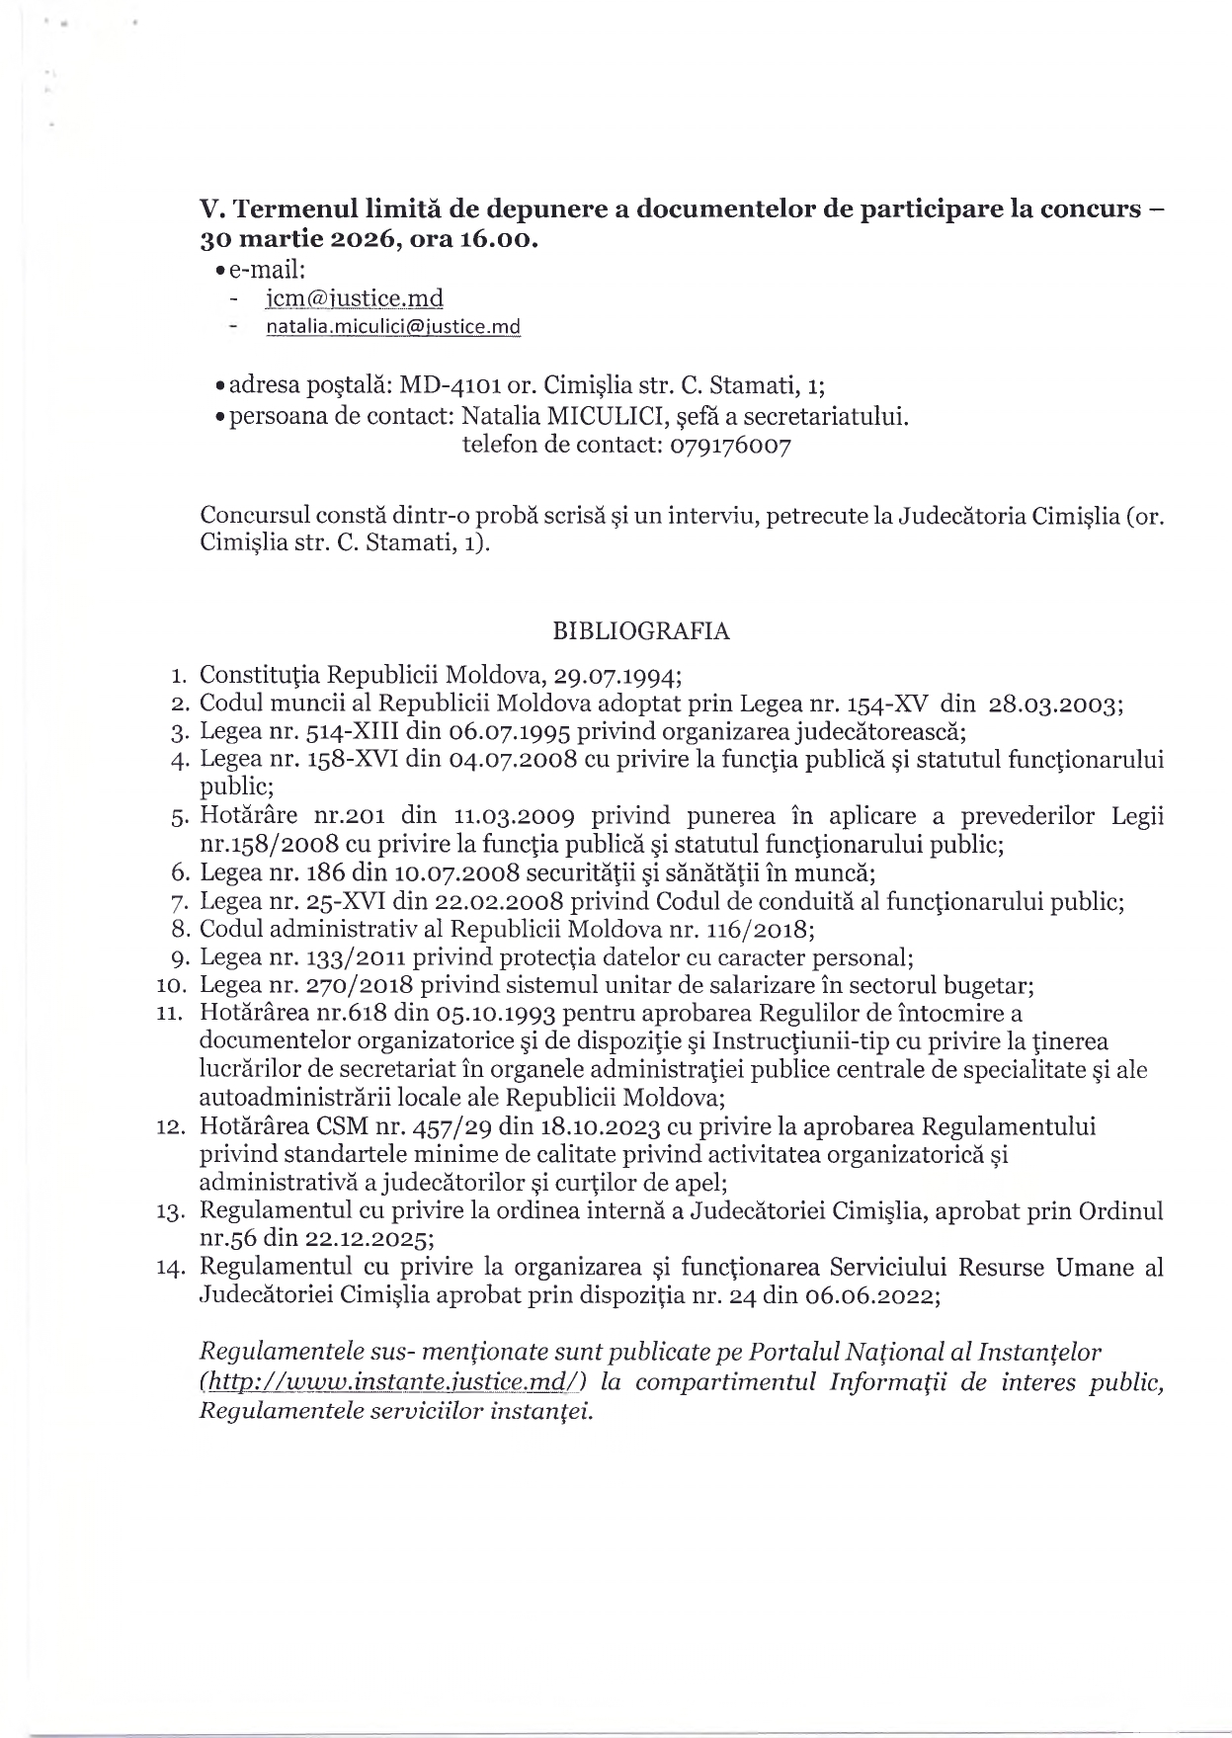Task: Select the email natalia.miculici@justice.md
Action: [393, 327]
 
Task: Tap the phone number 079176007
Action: [731, 446]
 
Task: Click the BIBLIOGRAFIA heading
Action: [641, 631]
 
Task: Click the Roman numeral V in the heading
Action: [208, 209]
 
